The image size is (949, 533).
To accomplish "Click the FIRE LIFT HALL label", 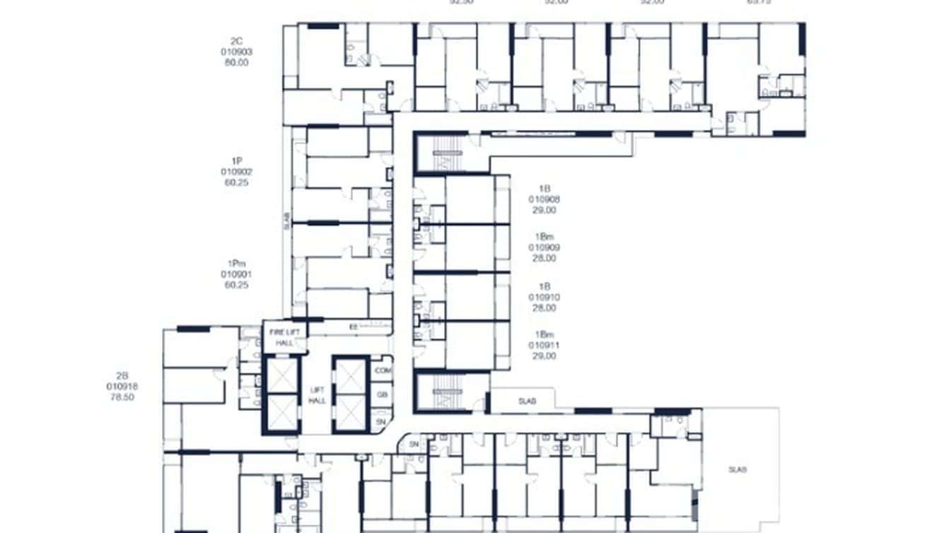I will click(x=284, y=336).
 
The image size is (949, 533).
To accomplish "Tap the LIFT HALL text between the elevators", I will click(x=317, y=395).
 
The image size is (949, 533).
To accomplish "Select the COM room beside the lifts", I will click(x=383, y=370).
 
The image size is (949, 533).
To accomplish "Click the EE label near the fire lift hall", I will click(x=354, y=327).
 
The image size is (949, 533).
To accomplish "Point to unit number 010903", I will click(x=236, y=52).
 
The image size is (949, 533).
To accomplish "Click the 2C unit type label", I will click(x=236, y=41).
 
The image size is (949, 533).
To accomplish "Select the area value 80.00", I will click(x=236, y=62).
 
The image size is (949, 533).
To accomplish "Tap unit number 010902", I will click(x=236, y=172).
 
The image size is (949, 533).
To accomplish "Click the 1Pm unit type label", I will click(x=236, y=263).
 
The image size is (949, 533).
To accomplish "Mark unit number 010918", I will click(x=122, y=386).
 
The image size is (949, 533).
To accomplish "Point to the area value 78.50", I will click(x=122, y=397).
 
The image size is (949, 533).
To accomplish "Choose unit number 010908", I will click(x=544, y=199).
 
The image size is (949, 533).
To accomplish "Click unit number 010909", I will click(x=544, y=247).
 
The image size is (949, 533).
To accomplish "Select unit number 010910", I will click(x=544, y=298).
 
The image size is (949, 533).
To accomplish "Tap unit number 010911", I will click(x=544, y=345).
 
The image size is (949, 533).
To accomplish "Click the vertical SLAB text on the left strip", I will click(x=286, y=221).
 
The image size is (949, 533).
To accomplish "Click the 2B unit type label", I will click(x=122, y=375).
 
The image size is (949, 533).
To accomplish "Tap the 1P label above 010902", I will click(x=236, y=161).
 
